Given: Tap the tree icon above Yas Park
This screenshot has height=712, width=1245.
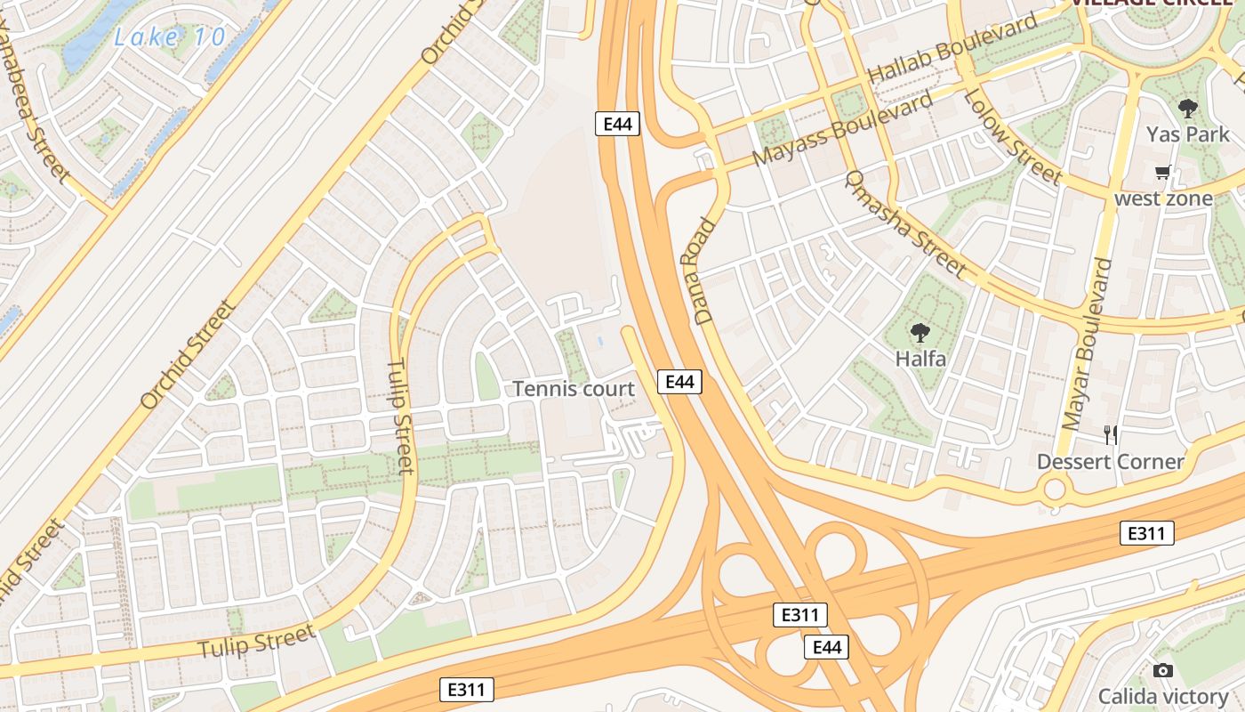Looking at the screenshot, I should point(1187,109).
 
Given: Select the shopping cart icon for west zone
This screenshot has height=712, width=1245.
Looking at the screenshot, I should point(1162,173).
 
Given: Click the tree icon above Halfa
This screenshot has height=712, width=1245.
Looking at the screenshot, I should point(920,334).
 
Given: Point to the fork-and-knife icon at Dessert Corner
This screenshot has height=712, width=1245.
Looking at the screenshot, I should point(1110,434).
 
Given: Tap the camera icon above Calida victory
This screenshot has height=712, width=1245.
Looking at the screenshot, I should point(1162,670).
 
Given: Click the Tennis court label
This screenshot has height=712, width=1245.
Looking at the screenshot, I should point(574,389).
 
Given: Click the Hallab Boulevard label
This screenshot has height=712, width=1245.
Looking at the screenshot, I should point(952,49).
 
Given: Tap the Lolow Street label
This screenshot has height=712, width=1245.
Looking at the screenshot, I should point(1012,135).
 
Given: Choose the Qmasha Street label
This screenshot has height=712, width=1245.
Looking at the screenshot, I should point(904,222).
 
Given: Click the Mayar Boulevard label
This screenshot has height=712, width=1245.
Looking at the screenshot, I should point(1087,343).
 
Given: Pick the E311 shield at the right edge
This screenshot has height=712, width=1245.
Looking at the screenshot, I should point(1146,533).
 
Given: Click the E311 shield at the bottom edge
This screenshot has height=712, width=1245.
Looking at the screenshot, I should point(467,689).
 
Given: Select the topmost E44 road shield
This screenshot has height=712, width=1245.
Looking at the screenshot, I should point(617,124).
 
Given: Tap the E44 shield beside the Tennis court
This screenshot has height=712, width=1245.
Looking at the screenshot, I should point(679,382).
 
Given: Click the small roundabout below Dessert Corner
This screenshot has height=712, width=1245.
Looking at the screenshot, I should point(1055,489).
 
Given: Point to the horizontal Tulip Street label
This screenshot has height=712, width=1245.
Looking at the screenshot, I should point(256,641).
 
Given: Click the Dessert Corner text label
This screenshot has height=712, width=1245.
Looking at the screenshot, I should point(1110,462).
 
